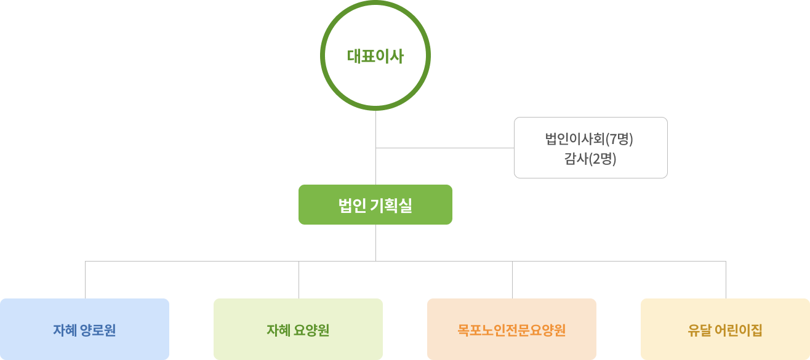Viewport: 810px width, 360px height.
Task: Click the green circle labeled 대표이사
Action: pyautogui.click(x=375, y=56)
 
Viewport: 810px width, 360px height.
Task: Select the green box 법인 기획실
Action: pyautogui.click(x=375, y=205)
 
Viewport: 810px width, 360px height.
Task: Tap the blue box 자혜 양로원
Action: pyautogui.click(x=84, y=329)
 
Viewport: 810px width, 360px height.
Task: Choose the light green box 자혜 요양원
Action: pyautogui.click(x=298, y=329)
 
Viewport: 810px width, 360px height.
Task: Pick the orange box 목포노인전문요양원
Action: pyautogui.click(x=511, y=329)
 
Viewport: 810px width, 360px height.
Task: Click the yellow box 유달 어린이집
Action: pyautogui.click(x=725, y=329)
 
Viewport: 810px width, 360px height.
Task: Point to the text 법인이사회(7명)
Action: pyautogui.click(x=589, y=138)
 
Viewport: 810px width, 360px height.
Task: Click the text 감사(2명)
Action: pyautogui.click(x=590, y=159)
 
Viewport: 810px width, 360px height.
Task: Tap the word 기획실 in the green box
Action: pyautogui.click(x=391, y=206)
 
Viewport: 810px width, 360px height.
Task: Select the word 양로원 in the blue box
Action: pyautogui.click(x=98, y=330)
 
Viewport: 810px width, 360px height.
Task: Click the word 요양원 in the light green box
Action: pyautogui.click(x=311, y=330)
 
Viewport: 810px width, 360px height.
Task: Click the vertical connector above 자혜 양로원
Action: pyautogui.click(x=85, y=280)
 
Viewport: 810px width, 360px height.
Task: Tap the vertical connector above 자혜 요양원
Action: pyautogui.click(x=299, y=280)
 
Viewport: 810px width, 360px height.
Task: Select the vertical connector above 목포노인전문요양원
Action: pyautogui.click(x=512, y=280)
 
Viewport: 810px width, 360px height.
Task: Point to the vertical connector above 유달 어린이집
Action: pyautogui.click(x=726, y=280)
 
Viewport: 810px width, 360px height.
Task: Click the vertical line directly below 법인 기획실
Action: pyautogui.click(x=375, y=242)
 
